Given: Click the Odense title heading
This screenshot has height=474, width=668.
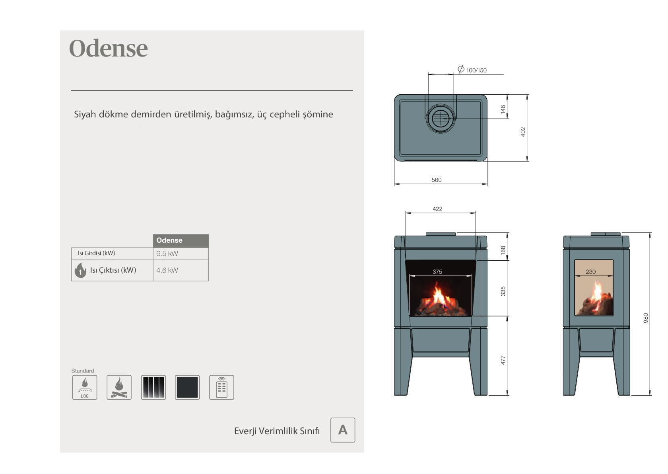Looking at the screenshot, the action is click(108, 48).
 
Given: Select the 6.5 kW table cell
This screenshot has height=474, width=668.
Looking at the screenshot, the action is click(181, 254).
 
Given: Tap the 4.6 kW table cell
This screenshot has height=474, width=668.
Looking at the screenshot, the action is click(181, 270).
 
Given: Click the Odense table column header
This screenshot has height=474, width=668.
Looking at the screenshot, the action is click(181, 240).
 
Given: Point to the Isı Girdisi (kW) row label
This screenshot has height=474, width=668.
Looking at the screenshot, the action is click(96, 253).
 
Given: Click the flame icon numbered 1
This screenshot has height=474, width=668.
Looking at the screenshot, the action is click(80, 270).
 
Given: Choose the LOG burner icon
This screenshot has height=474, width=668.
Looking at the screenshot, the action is click(85, 387).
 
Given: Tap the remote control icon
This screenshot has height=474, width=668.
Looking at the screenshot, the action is click(221, 387).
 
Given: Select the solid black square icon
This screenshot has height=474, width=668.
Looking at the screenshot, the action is click(187, 387).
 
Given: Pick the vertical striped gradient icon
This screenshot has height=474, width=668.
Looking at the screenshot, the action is click(153, 387).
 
